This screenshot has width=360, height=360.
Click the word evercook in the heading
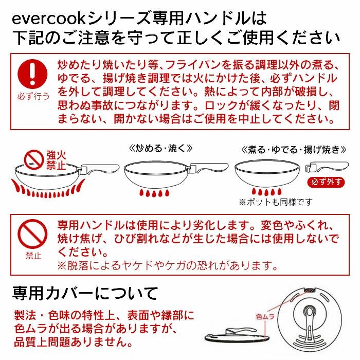click(x=47, y=19)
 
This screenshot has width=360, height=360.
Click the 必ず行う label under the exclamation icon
click(x=33, y=96)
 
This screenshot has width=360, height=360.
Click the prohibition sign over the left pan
click(x=33, y=159)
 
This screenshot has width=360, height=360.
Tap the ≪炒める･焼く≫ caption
click(x=160, y=148)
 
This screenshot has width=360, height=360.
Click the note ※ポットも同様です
click(x=275, y=202)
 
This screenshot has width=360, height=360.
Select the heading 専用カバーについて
click(x=85, y=294)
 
